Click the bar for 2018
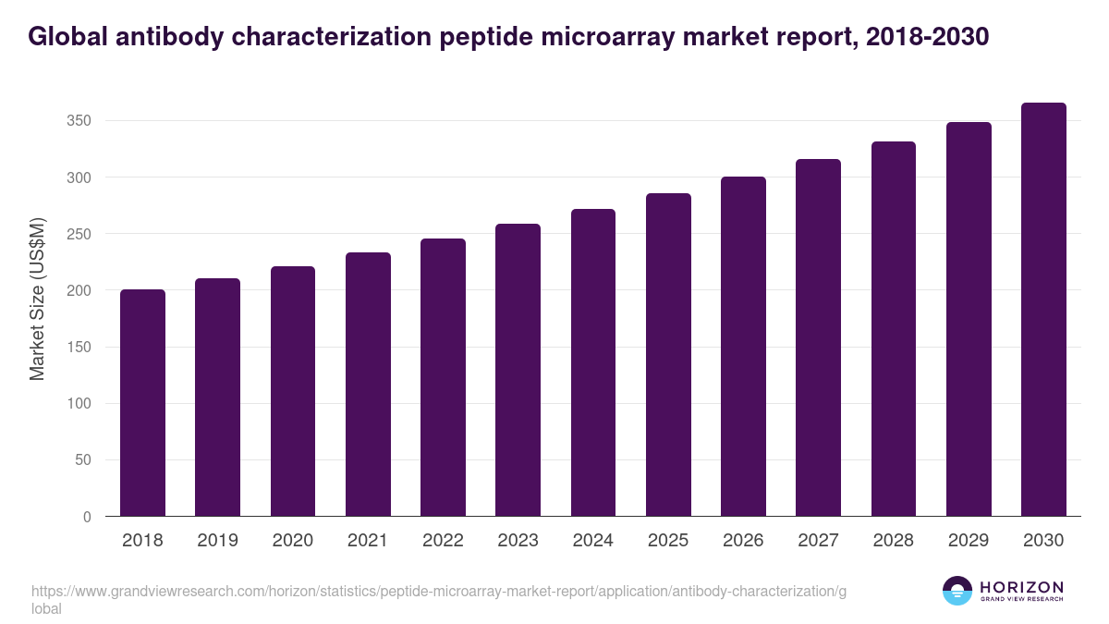tap(142, 403)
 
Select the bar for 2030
tap(1043, 310)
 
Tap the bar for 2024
tap(593, 362)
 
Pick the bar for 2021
tap(368, 385)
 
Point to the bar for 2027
tap(819, 337)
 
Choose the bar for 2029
tap(969, 319)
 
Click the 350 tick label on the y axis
tap(79, 121)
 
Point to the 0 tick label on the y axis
tap(88, 517)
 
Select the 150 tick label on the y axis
tap(79, 348)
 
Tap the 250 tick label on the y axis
tap(79, 235)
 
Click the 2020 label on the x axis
tap(292, 541)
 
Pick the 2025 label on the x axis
tap(668, 541)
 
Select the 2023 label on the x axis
tap(518, 541)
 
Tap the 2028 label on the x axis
tap(894, 541)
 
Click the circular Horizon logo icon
tap(957, 591)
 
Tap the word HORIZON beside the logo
tap(1021, 587)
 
